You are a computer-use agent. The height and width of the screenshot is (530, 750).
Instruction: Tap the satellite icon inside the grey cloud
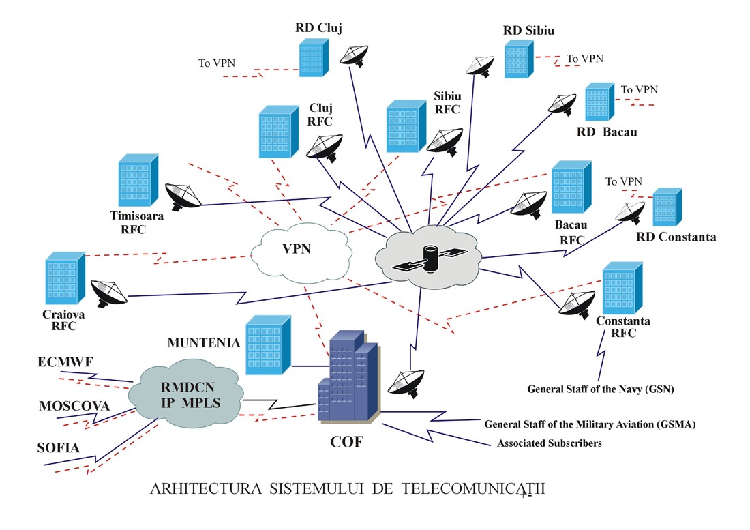pyautogui.click(x=430, y=260)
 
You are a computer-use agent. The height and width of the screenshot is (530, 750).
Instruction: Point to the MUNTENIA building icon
pyautogui.click(x=268, y=344)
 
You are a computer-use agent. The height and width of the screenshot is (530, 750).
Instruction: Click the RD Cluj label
pyautogui.click(x=318, y=28)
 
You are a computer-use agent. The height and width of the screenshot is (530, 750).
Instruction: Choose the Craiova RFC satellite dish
pyautogui.click(x=109, y=293)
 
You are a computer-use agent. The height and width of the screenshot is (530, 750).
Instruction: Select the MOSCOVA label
pyautogui.click(x=74, y=407)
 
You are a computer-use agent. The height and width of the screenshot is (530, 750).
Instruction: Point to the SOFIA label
pyautogui.click(x=59, y=448)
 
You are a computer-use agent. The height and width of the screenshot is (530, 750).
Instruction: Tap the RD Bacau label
pyautogui.click(x=607, y=132)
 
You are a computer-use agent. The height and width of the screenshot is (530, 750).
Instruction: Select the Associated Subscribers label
pyautogui.click(x=550, y=443)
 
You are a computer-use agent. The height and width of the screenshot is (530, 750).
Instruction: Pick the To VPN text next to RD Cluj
pyautogui.click(x=217, y=63)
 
